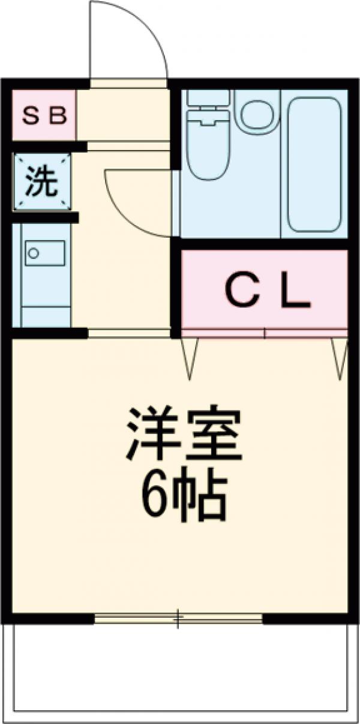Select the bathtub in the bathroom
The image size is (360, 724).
coord(314,163)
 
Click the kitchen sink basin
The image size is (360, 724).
coord(45,253)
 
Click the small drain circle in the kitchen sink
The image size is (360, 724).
coord(34,253)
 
